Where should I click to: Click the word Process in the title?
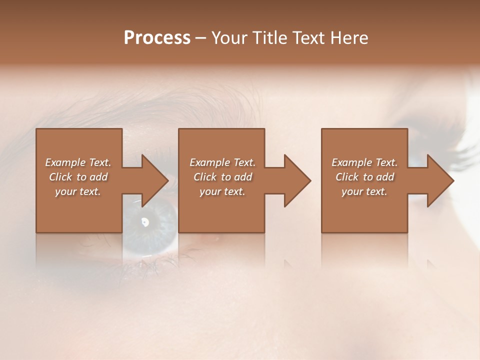[157, 38]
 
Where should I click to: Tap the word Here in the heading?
[348, 38]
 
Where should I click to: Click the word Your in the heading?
[229, 38]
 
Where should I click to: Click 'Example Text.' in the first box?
[78, 162]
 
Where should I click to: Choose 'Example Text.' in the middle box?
[222, 162]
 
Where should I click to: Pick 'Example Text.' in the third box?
[364, 162]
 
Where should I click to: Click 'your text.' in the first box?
[78, 191]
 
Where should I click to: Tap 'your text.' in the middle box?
[222, 191]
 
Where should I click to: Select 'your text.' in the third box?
[364, 191]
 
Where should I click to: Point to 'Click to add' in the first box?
[78, 177]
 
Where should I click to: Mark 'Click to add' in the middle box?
[222, 177]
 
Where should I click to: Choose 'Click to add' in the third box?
[364, 177]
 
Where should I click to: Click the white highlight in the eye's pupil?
[145, 221]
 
